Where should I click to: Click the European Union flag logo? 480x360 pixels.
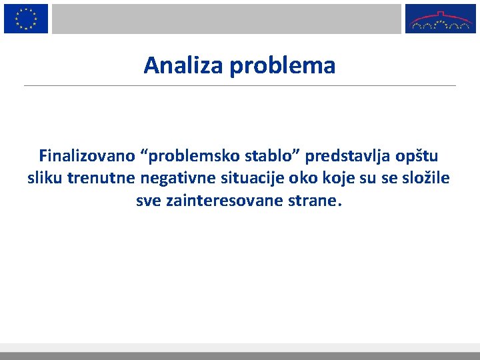[26, 19]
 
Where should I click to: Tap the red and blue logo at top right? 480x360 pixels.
[440, 19]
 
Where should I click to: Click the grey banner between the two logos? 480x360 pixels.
[227, 19]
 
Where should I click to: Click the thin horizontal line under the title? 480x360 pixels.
[240, 85]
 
